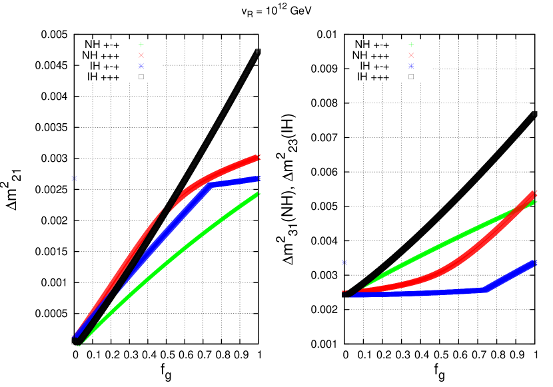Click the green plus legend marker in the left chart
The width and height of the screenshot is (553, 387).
(x=141, y=45)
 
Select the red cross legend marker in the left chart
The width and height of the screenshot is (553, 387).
(x=141, y=55)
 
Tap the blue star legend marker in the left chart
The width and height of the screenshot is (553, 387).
(x=141, y=66)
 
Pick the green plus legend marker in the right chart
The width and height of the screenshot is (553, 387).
(x=411, y=45)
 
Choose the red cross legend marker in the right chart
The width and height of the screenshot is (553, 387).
(x=411, y=55)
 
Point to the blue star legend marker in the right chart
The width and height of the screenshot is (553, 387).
(x=411, y=66)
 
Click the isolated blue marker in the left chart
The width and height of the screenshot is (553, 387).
(x=75, y=178)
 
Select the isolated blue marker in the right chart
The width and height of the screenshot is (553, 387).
(x=344, y=262)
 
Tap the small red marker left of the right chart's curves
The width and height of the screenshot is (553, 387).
(x=344, y=291)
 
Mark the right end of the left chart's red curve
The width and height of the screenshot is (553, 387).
(x=258, y=157)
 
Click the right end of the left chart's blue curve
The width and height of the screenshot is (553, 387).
(x=258, y=179)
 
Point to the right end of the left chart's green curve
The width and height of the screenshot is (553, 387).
(x=258, y=194)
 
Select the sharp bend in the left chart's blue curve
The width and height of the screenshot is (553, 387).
(x=211, y=185)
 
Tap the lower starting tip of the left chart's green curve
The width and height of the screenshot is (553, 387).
(x=79, y=345)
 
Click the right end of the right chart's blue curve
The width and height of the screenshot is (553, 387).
(x=534, y=263)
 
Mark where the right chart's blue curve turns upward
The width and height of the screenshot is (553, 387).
(x=486, y=290)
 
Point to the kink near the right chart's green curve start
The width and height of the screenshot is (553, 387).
(x=383, y=274)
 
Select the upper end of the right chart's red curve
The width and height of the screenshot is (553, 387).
(x=534, y=193)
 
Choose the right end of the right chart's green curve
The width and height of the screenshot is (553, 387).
(x=534, y=201)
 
